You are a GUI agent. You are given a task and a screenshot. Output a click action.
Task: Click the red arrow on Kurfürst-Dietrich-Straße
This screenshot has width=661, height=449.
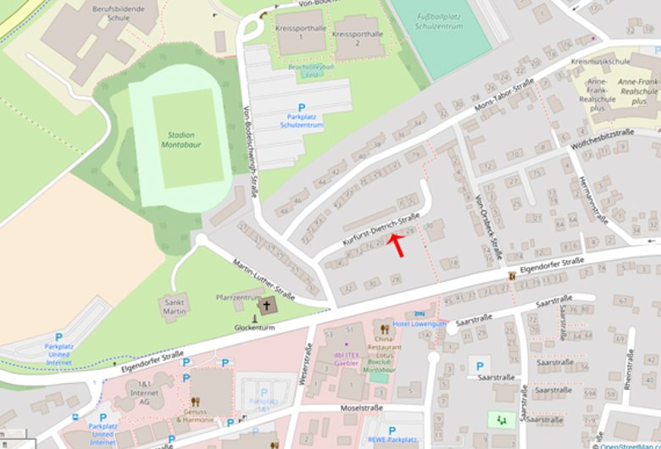397,244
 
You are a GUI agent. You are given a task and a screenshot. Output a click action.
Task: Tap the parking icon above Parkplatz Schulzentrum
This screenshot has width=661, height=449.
301,108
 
